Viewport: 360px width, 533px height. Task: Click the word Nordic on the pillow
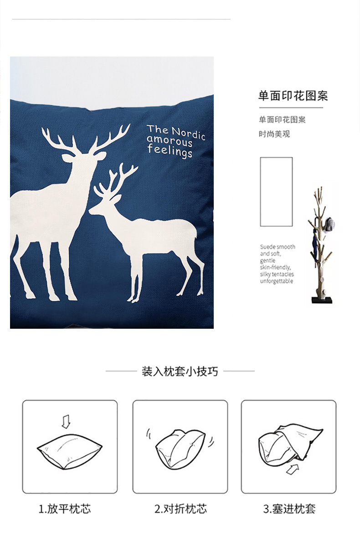click(x=188, y=133)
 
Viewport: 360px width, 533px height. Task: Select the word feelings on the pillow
click(x=170, y=150)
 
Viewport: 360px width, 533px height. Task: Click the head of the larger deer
click(x=83, y=157)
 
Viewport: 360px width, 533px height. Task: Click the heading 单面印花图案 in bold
click(x=293, y=96)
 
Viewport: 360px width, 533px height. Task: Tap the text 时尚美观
click(x=274, y=134)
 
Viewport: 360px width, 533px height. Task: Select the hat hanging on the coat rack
click(x=329, y=224)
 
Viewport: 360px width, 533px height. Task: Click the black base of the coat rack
click(x=322, y=300)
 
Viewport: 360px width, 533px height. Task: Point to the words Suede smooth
click(x=278, y=247)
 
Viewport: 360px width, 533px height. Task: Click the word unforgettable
click(x=277, y=281)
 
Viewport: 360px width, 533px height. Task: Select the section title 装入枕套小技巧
click(x=180, y=371)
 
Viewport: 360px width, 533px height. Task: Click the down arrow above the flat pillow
click(x=66, y=421)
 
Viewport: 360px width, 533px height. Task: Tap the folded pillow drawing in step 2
click(x=180, y=449)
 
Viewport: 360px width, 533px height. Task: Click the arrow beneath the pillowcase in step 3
click(x=293, y=469)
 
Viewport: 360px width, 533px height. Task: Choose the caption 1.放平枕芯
click(x=65, y=509)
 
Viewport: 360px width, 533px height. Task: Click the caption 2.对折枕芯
click(x=180, y=509)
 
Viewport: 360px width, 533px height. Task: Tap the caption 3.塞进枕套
click(x=289, y=509)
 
